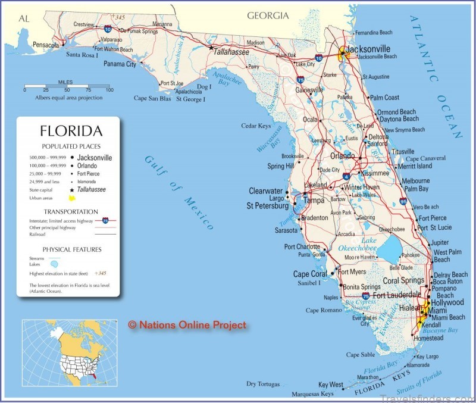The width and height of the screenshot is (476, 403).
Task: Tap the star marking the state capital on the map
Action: [x=211, y=48]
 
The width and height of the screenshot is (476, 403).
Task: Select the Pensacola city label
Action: [x=46, y=45]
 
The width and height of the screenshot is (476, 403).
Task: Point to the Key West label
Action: [x=331, y=385]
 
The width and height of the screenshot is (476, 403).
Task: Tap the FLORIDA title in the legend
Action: [x=71, y=131]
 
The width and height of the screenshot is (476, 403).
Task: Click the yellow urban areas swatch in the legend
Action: [x=71, y=198]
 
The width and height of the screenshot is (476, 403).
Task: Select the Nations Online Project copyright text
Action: [x=187, y=325]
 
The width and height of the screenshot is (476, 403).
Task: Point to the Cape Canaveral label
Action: [x=425, y=159]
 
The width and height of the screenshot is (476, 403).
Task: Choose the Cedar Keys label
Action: [x=256, y=126]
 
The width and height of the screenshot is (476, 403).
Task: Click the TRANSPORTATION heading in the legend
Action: [x=71, y=211]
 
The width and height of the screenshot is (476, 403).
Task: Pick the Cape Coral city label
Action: [x=309, y=274]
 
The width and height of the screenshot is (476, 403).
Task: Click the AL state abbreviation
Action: [x=24, y=18]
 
